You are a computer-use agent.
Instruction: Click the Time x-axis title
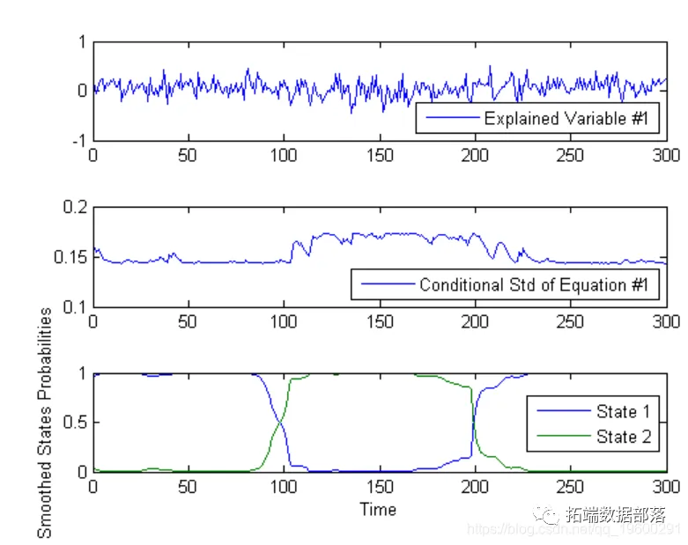point(377,510)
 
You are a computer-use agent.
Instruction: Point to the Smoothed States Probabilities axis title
point(45,422)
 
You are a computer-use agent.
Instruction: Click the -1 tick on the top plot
point(78,140)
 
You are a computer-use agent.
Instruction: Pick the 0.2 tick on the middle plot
point(74,208)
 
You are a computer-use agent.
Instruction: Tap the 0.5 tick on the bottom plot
point(74,423)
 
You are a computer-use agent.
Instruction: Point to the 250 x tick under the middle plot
point(571,321)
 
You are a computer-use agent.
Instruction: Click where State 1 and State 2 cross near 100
point(281,423)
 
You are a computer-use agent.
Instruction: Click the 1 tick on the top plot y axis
point(81,41)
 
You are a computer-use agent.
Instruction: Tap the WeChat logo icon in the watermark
point(550,514)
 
